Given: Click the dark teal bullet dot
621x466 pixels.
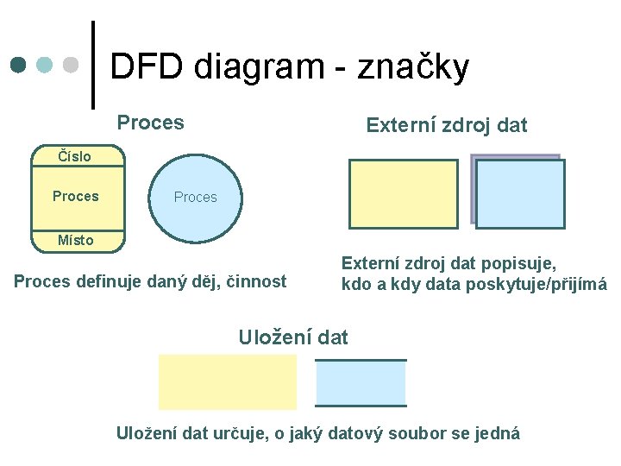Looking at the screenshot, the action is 20,66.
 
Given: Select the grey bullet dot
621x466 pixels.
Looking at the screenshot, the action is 72,66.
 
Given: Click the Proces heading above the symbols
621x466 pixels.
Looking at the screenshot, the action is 150,123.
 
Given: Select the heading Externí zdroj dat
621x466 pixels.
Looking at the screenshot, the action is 446,126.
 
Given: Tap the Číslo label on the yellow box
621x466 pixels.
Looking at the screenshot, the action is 74,157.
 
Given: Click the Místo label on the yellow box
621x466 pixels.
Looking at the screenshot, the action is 75,240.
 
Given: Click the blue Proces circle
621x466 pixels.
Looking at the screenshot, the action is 195,197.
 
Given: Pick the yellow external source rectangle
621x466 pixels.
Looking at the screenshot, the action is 403,194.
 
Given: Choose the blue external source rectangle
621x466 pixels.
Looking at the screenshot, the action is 520,194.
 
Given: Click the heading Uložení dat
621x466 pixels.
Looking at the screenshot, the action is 292,337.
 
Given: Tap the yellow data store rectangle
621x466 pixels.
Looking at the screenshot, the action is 227,382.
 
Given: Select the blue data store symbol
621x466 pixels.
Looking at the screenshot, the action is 361,382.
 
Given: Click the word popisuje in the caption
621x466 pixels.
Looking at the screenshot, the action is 520,262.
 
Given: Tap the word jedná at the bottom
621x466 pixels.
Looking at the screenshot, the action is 499,433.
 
